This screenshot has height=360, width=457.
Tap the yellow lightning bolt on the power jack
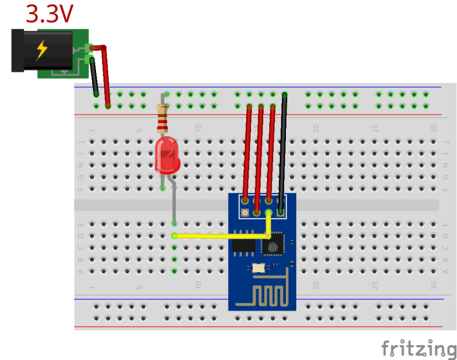(x=41, y=50)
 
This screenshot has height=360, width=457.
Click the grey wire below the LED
(x=174, y=202)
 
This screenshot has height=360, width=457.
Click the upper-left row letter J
(x=81, y=141)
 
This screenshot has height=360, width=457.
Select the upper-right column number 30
(x=434, y=128)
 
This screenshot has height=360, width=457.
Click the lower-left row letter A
(x=81, y=271)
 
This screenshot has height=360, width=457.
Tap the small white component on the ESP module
(x=258, y=268)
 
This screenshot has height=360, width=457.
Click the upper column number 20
(x=316, y=128)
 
